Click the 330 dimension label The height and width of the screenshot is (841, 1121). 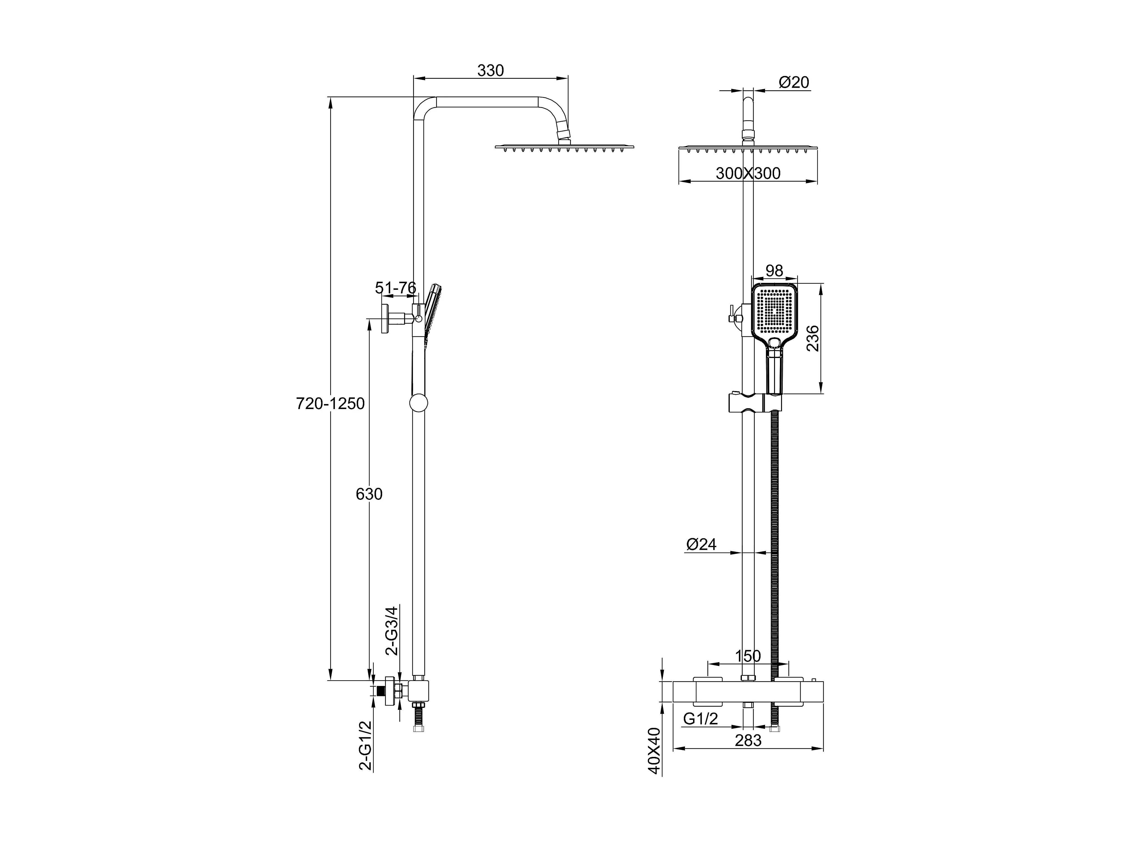[x=490, y=70]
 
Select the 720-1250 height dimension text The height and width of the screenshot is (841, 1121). [x=330, y=403]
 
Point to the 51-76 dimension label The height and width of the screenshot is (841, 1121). [x=395, y=288]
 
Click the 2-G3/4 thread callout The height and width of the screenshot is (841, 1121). [x=392, y=631]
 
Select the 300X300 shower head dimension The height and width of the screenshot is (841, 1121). [x=748, y=173]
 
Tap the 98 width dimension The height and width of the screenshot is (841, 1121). [x=774, y=271]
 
